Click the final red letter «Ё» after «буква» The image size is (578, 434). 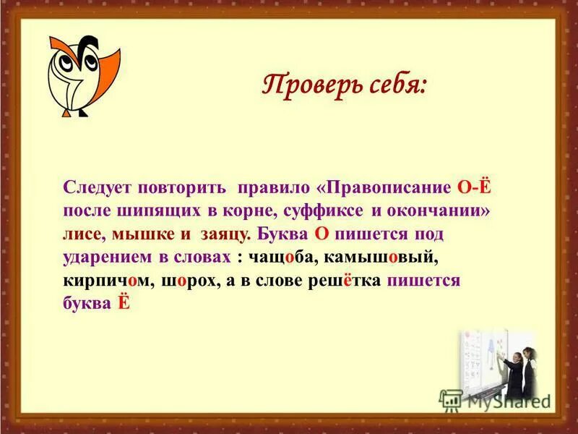123,305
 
